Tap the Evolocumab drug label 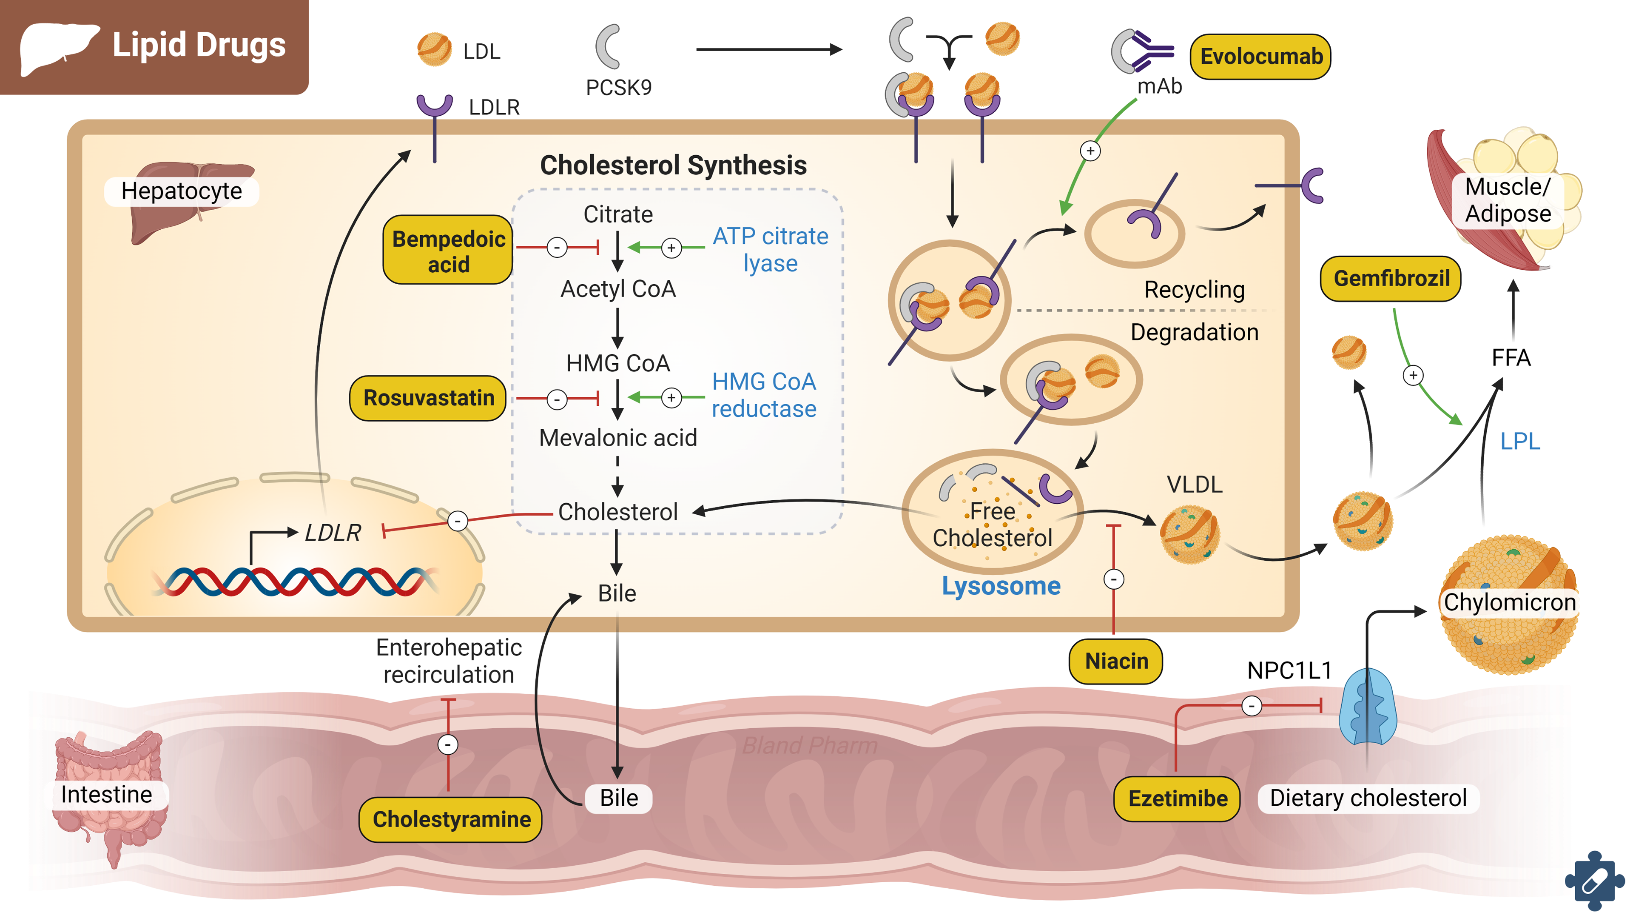(x=1261, y=57)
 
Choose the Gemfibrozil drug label (x=1391, y=279)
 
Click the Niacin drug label (x=1116, y=661)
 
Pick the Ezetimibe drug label (x=1177, y=798)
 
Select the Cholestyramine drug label (x=451, y=819)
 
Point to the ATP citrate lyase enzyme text (x=770, y=249)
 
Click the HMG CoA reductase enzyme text (x=764, y=395)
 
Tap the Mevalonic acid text (x=617, y=438)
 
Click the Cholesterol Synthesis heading (x=673, y=165)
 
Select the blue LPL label (x=1519, y=442)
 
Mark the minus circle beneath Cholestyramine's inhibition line (x=448, y=744)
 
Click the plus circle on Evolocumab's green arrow (x=1090, y=151)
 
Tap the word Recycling (x=1194, y=290)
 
